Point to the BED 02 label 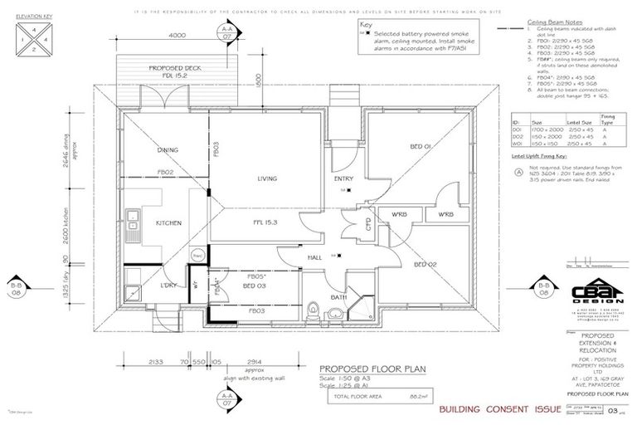(x=423, y=264)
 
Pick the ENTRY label (x=343, y=178)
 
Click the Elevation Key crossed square (x=27, y=38)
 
